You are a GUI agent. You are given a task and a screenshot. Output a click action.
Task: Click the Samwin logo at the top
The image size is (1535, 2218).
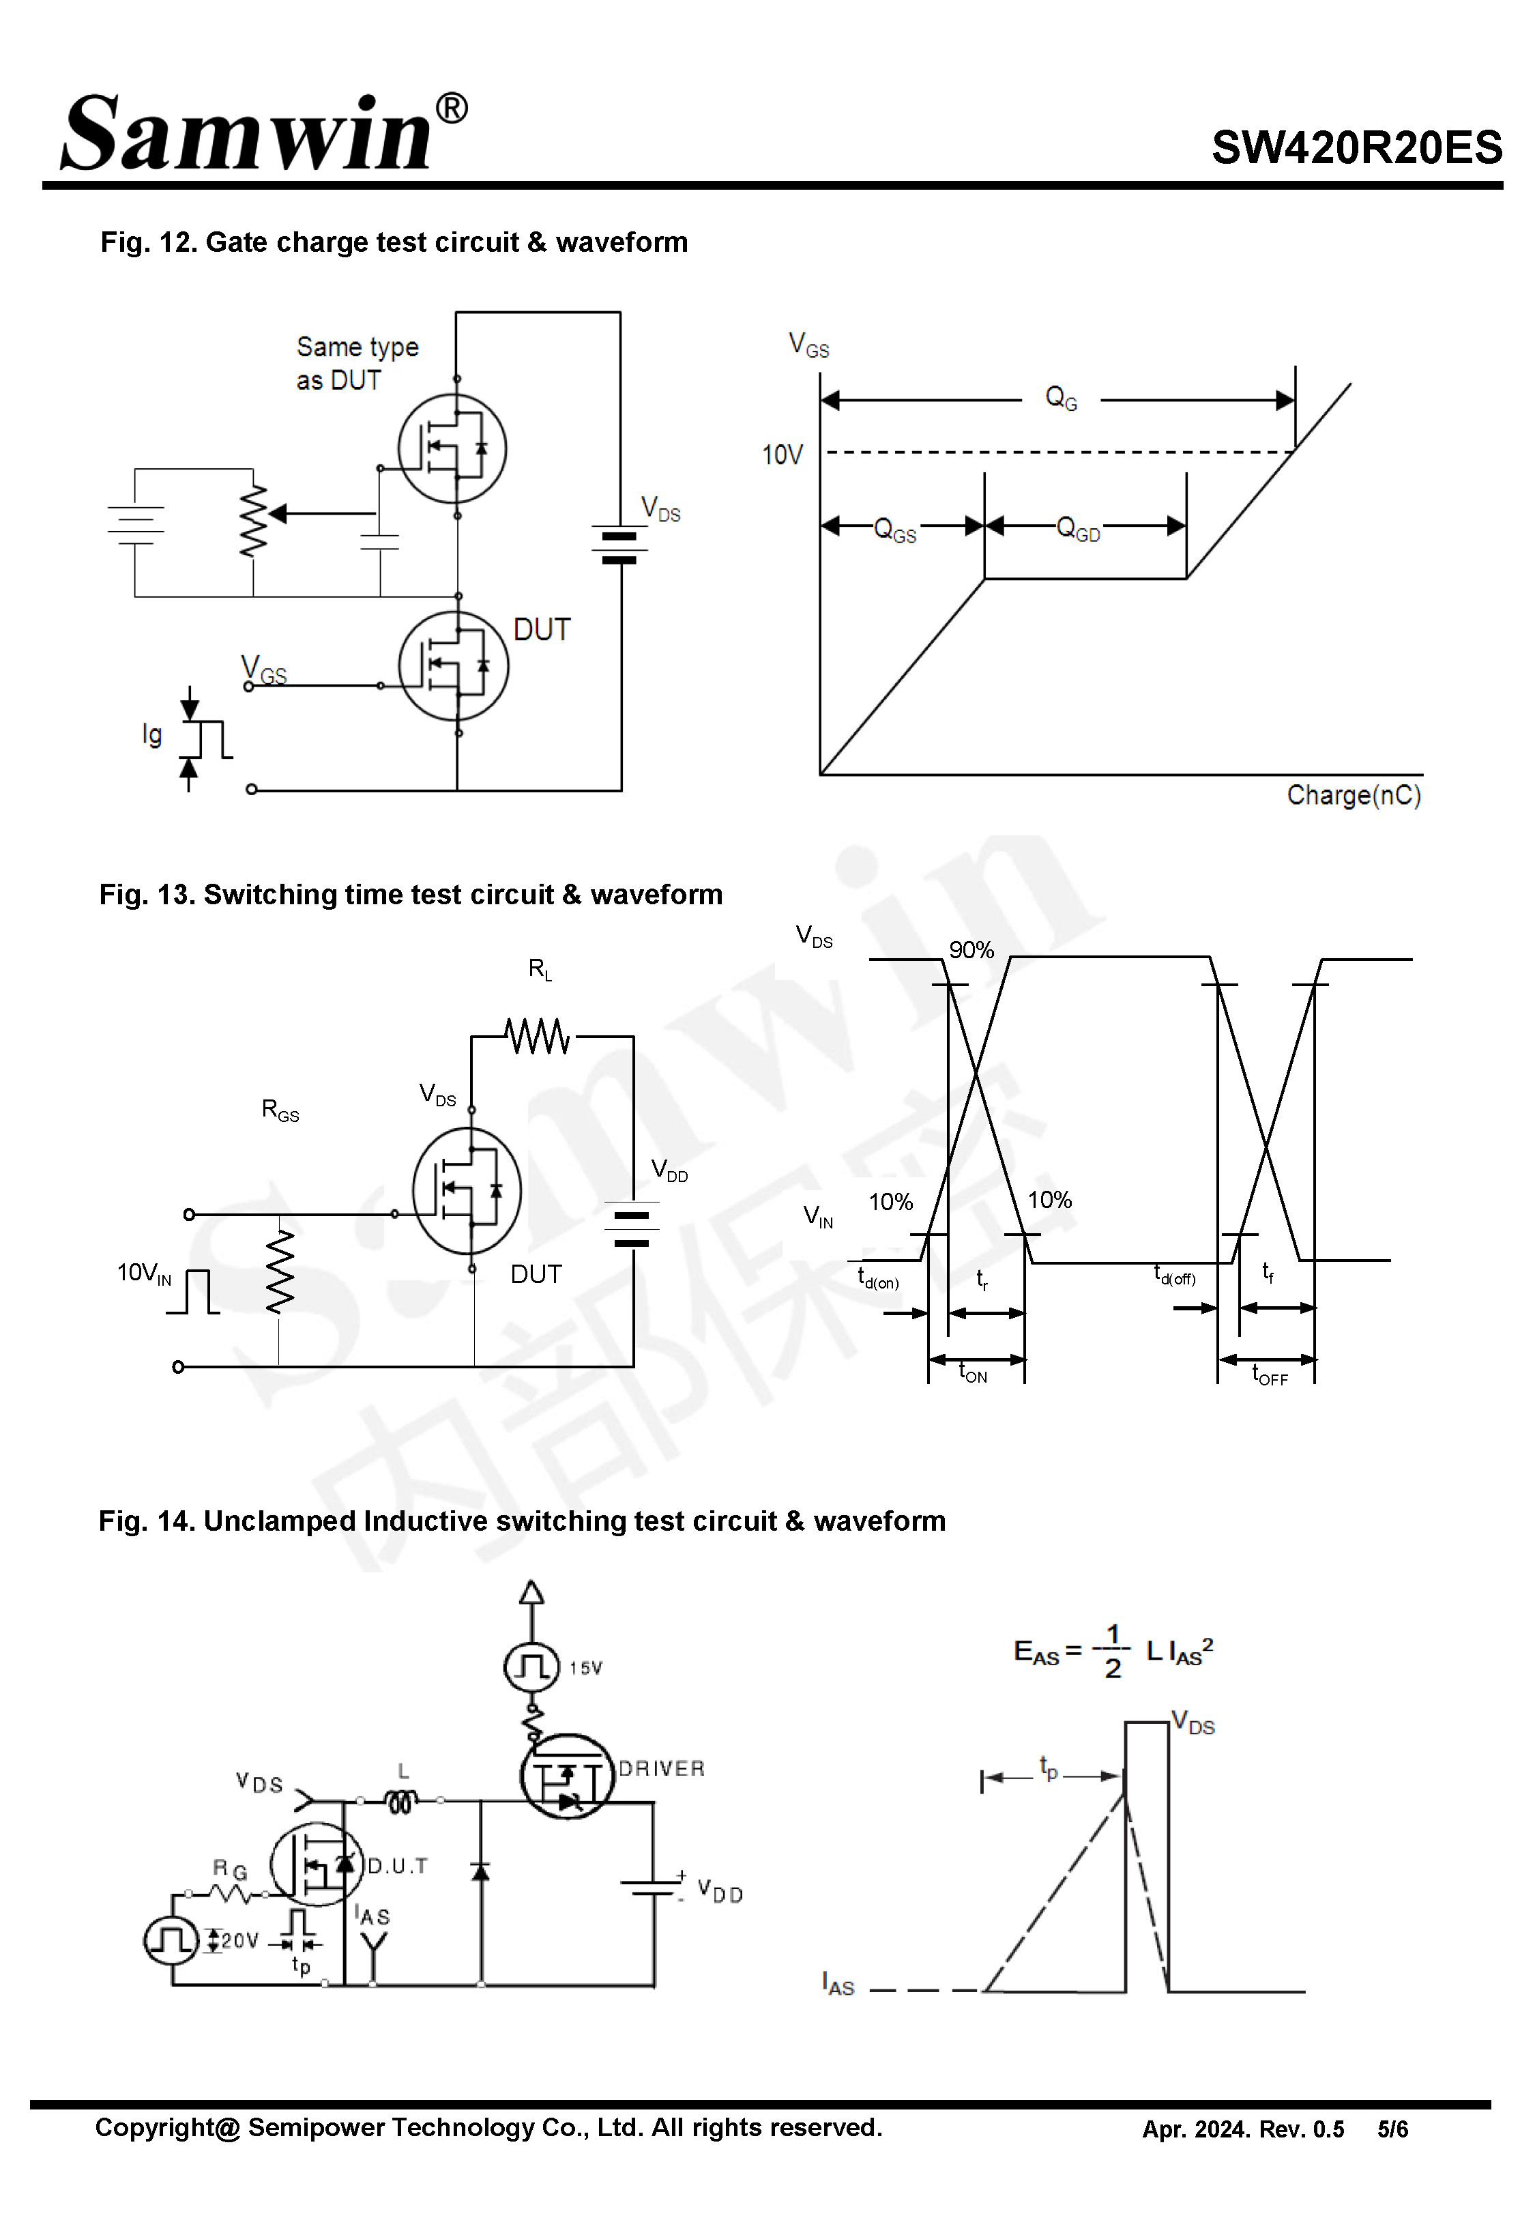(260, 134)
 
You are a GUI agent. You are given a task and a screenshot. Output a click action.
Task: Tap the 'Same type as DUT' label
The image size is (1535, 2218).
(356, 362)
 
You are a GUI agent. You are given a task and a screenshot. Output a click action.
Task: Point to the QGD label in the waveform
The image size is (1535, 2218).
(1077, 528)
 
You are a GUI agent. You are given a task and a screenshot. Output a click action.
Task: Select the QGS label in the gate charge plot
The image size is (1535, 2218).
(894, 530)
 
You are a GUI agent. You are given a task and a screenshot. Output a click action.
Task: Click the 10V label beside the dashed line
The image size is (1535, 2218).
(781, 455)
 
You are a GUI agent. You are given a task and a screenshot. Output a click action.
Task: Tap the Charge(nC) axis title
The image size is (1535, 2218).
(1354, 796)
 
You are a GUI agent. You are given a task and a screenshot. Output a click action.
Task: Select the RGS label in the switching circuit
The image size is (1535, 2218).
(280, 1110)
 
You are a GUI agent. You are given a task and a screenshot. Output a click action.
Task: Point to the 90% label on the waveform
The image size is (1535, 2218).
(970, 950)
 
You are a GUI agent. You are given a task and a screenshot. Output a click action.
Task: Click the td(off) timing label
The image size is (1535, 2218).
(1173, 1276)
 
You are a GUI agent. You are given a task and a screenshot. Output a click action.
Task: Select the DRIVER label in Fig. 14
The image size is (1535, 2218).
(661, 1769)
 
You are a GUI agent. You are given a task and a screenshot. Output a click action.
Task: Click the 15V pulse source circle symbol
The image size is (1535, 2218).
(531, 1667)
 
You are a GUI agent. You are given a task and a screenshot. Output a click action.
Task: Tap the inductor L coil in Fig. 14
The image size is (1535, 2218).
(401, 1800)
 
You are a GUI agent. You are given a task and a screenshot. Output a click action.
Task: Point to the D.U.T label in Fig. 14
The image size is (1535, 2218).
(397, 1866)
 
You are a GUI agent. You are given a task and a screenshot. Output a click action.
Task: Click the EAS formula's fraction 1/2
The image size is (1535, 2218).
(1112, 1652)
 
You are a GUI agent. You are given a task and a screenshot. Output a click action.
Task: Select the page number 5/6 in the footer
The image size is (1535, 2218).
(1392, 2129)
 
